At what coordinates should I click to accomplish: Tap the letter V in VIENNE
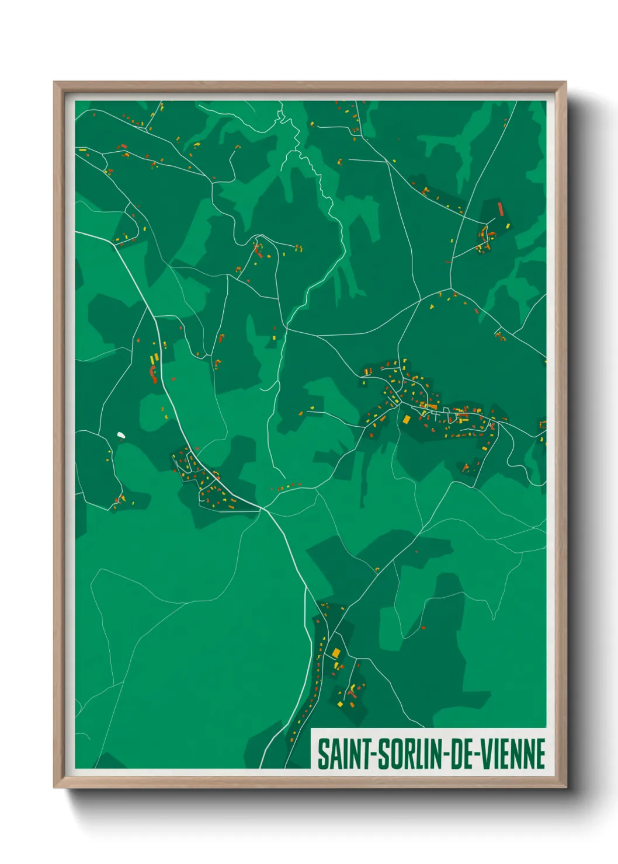[x=486, y=754]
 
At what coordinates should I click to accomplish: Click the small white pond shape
[x=121, y=434]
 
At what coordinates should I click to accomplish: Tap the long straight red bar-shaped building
[x=501, y=209]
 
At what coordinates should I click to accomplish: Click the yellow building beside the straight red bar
[x=508, y=225]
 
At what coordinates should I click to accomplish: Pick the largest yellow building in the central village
[x=407, y=419]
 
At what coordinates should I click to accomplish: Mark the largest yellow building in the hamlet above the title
[x=336, y=652]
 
